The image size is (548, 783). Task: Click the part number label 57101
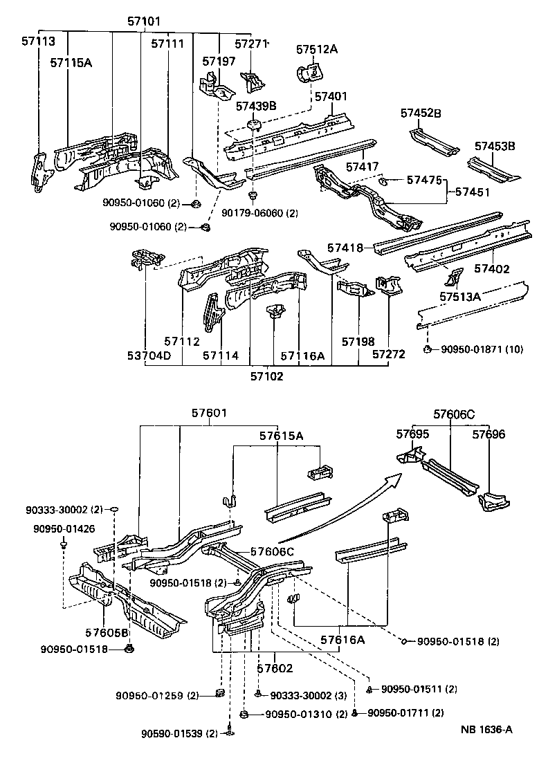coord(144,21)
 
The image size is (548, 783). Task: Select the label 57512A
coord(317,49)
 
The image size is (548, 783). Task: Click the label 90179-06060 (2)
coord(259,213)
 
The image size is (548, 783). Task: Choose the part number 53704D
coord(148,356)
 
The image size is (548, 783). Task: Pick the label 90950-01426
coord(64,529)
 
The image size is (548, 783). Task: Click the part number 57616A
coord(342,641)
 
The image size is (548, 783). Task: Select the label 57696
coord(489,434)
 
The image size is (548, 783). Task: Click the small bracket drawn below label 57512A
coord(311,73)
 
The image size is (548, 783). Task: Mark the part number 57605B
coord(105,632)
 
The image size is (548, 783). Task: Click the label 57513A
coord(460,297)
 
